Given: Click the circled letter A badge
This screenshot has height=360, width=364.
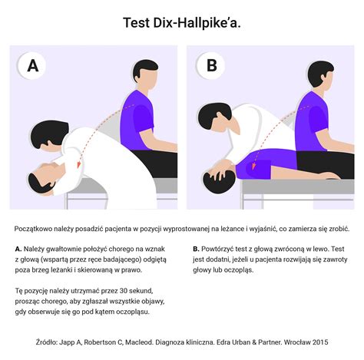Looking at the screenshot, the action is point(32,66).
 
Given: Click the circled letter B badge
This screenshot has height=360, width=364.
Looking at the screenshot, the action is point(210,65).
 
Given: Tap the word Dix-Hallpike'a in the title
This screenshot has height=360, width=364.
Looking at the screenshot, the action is point(197,23).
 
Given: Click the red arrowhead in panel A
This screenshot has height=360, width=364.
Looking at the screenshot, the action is point(79,164).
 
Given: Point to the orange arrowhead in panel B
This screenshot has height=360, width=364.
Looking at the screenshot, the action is point(253,166).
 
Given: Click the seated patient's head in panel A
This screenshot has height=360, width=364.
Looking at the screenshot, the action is point(145,74).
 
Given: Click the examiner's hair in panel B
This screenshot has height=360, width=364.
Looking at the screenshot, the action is point(213,115).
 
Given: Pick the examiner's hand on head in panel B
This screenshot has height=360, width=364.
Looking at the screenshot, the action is point(223,170).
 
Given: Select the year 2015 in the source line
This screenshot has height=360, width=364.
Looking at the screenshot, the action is point(321,342).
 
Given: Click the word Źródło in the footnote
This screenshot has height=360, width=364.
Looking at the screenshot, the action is point(47,342).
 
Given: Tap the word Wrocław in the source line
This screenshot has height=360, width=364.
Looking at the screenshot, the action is point(298,342).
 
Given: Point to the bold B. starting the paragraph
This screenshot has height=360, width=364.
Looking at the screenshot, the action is point(196,249).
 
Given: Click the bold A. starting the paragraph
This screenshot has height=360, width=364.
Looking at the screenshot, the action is point(18,249).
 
